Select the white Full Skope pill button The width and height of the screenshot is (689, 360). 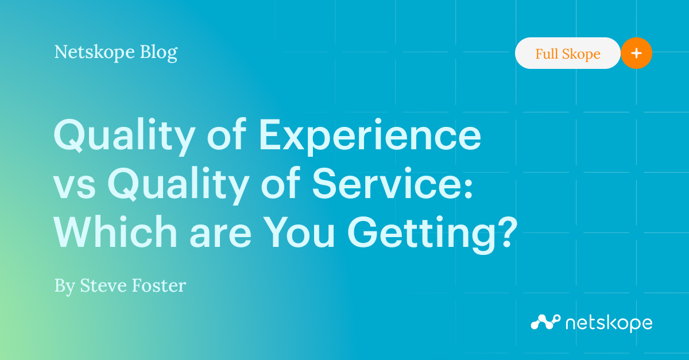567,54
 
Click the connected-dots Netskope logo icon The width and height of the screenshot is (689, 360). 545,322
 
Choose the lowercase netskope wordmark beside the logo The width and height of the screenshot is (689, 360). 609,323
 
